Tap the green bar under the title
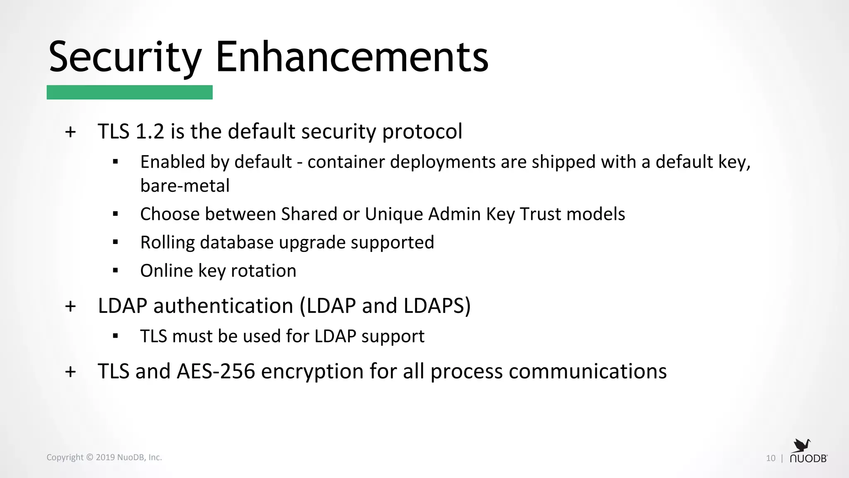(129, 92)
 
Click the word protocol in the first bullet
(422, 132)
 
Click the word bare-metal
(185, 185)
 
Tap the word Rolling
(167, 243)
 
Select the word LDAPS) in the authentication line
(437, 306)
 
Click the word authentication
(223, 306)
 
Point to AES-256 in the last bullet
(216, 371)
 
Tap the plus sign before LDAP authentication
(70, 307)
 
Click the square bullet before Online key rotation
(115, 271)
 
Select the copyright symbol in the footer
(90, 457)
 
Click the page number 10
(771, 458)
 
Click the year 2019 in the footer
(105, 457)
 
